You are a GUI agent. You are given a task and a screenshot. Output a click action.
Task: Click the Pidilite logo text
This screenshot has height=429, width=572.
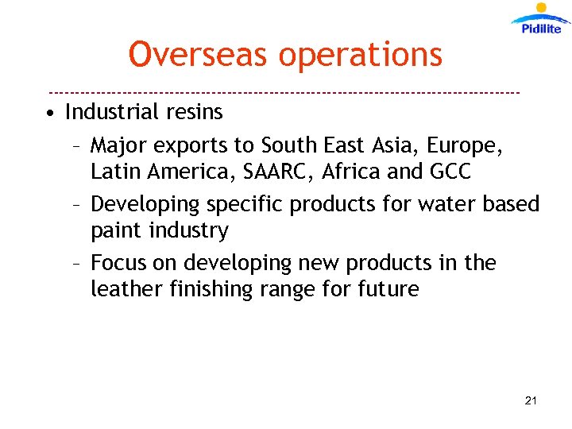click(542, 29)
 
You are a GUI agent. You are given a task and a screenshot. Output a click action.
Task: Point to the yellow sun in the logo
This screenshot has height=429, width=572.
click(542, 10)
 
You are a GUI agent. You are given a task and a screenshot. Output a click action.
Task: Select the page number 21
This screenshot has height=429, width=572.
click(531, 401)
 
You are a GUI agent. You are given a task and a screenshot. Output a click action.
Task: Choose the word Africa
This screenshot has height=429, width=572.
click(369, 172)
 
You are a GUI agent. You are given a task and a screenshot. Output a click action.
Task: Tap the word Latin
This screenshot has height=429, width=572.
click(114, 172)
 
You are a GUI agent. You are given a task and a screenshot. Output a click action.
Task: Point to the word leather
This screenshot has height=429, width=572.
click(126, 289)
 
